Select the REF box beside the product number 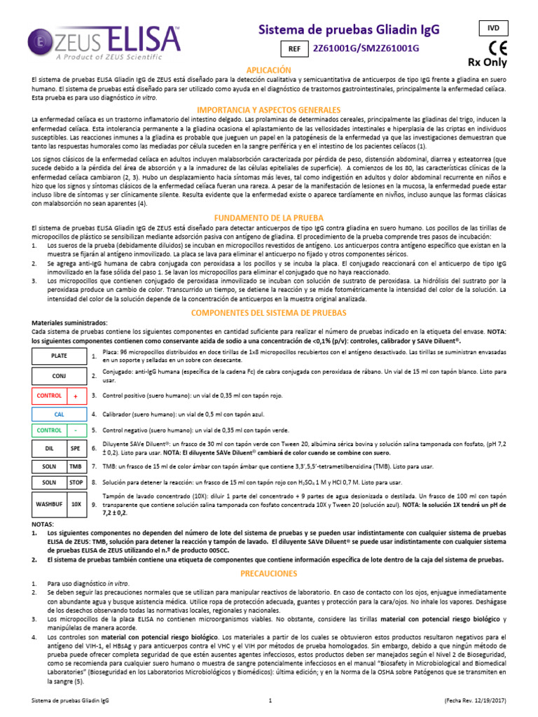(x=294, y=48)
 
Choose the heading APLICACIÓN (x=268, y=71)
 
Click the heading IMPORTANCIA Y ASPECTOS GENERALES (x=268, y=110)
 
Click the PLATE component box (x=60, y=356)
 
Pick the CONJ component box (x=60, y=376)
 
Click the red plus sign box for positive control (x=76, y=396)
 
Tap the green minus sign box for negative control (x=76, y=430)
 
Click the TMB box (x=76, y=466)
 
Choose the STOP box (x=76, y=482)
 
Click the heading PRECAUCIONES (x=268, y=573)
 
